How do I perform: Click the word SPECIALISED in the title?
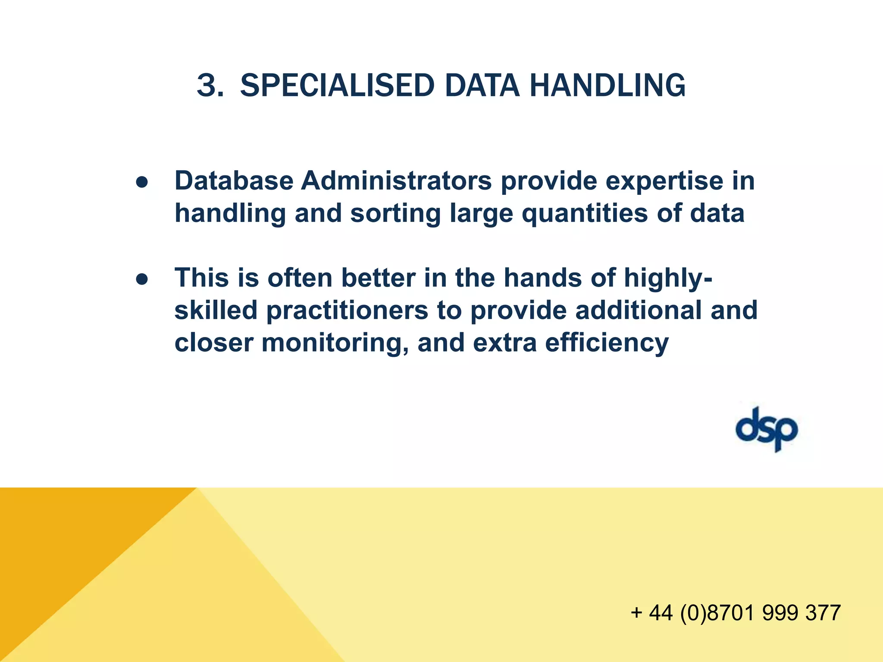click(x=337, y=85)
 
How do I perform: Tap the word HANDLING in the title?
click(x=607, y=85)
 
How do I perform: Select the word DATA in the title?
click(x=482, y=85)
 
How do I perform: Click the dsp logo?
click(x=767, y=429)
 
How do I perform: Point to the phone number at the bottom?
click(x=736, y=612)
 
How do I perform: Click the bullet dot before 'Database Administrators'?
click(x=142, y=182)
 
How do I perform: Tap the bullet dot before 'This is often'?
click(x=142, y=279)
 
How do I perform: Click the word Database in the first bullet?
click(x=234, y=181)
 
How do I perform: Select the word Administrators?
click(x=396, y=181)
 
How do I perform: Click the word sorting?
click(x=395, y=213)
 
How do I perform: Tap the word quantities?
click(x=585, y=213)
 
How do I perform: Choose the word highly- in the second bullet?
click(x=668, y=278)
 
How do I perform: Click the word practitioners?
click(x=347, y=310)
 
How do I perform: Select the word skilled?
click(x=216, y=310)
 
